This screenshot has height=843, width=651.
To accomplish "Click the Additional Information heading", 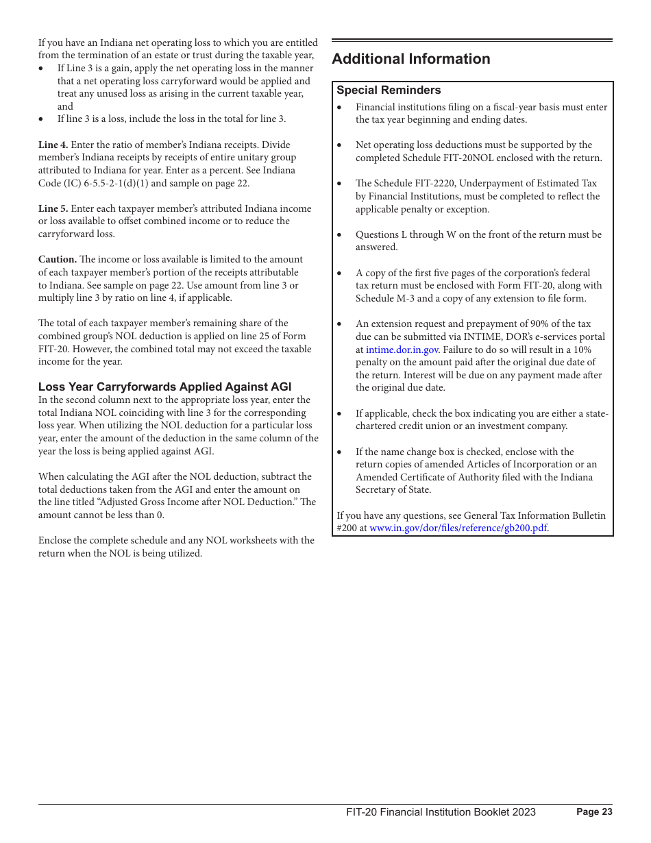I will [x=410, y=60].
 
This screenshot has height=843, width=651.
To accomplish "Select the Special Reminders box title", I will [x=389, y=90].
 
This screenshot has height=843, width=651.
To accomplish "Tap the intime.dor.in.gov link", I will [x=402, y=350].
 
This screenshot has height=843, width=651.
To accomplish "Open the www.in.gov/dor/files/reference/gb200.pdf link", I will [x=458, y=528].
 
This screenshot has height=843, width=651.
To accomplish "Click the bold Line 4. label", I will [x=53, y=145].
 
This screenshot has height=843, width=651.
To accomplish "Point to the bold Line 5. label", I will [x=53, y=208].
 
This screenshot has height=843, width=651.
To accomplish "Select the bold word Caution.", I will [x=57, y=259].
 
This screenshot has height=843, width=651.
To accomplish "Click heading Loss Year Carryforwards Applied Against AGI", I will [x=164, y=387].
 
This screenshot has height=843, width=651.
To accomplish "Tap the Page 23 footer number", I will [x=594, y=812].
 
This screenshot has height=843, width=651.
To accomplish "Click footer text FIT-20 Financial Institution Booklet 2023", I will [x=441, y=812].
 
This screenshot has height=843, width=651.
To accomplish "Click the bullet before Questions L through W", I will [x=340, y=234].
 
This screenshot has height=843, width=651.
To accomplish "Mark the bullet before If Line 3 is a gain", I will [x=42, y=69].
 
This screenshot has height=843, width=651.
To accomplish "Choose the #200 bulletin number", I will [x=347, y=528].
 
